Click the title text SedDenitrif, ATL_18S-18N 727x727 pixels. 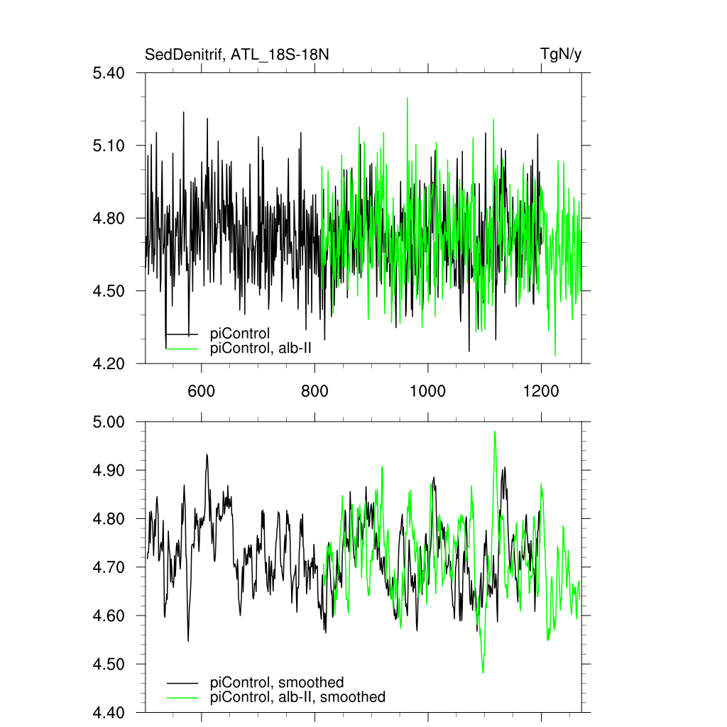coord(236,55)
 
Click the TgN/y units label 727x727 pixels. coord(561,55)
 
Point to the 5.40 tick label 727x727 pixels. coord(109,73)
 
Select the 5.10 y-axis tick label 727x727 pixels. coord(109,146)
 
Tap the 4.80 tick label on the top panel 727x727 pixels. coord(109,219)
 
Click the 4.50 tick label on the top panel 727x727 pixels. coord(109,291)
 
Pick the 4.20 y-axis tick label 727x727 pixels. coord(109,364)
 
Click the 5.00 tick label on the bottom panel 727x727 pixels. coord(109,422)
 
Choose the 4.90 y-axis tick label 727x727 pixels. coord(109,471)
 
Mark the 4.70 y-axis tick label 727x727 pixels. coord(109,568)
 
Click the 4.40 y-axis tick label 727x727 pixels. coord(109,713)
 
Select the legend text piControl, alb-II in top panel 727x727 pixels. coord(261,349)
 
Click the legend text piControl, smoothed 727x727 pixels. coord(277,683)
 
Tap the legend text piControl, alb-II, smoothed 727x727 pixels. coord(298,697)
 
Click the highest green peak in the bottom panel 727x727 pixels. coord(494,432)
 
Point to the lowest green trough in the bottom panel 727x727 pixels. coord(483,672)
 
